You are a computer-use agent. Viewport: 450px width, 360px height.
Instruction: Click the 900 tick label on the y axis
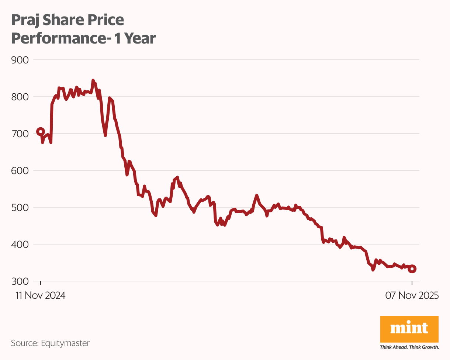20,60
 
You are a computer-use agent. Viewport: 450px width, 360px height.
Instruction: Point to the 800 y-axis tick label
20,97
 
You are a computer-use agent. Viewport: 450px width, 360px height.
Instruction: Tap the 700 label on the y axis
20,134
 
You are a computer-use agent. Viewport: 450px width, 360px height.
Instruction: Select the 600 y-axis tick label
20,170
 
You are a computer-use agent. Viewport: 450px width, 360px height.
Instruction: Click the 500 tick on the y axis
20,207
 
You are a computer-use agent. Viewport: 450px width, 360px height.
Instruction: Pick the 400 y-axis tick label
20,244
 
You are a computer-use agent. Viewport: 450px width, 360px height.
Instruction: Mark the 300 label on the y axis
20,281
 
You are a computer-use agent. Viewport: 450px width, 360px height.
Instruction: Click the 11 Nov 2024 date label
40,295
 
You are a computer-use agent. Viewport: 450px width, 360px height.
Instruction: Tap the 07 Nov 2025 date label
412,295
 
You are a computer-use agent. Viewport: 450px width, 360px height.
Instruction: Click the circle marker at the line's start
41,132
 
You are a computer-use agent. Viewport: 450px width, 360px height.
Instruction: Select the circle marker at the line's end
412,269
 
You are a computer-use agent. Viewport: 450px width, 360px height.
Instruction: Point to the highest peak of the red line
93,80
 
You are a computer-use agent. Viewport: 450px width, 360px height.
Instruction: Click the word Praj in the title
24,21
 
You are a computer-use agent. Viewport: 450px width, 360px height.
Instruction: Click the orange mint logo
409,329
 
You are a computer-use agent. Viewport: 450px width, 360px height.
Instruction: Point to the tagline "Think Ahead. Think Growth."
409,347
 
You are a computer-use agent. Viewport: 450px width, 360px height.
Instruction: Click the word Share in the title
60,21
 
